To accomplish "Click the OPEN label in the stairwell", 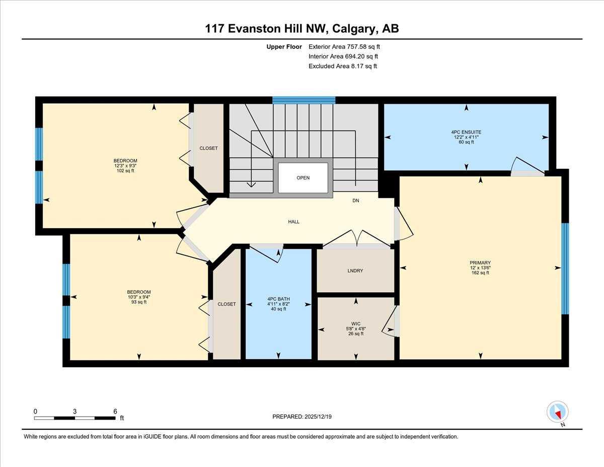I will point(303,178).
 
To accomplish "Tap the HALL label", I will point(294,222).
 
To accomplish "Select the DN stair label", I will point(355,201).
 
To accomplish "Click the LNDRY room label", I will point(355,271).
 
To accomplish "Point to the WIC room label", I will point(356,323).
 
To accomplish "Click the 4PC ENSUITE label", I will point(466,132).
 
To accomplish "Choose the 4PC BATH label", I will point(278,299).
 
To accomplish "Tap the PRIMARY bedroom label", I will point(480,262).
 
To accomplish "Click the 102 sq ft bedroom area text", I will point(125,171).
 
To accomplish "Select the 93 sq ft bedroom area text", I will point(138,302).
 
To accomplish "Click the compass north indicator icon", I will point(557,412).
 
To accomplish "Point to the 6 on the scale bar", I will point(115,411).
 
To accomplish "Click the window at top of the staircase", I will point(304,100).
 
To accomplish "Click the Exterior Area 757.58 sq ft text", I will point(344,47).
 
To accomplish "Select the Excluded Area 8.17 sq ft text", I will point(342,66).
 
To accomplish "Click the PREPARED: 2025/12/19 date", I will point(302,417).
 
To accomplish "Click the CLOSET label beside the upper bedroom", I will point(209,148).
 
